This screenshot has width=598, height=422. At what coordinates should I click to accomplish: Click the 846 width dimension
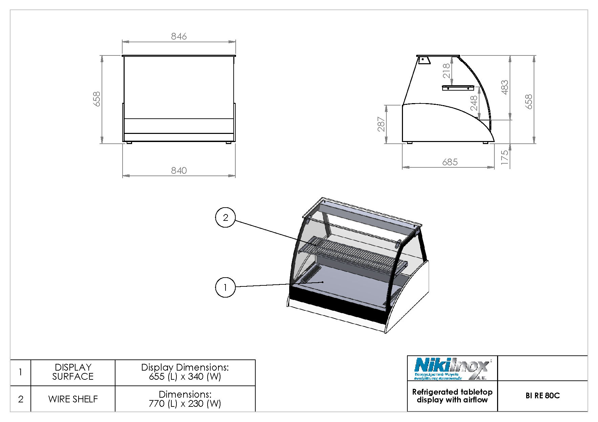pyautogui.click(x=179, y=36)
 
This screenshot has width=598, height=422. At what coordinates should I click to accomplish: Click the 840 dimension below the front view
pyautogui.click(x=179, y=170)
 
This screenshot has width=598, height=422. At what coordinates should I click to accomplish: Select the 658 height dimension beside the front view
pyautogui.click(x=97, y=99)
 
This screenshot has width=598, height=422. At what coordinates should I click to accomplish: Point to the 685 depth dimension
pyautogui.click(x=450, y=162)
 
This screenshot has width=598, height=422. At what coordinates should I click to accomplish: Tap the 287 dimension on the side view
pyautogui.click(x=381, y=124)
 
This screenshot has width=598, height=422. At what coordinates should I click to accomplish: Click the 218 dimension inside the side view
pyautogui.click(x=446, y=71)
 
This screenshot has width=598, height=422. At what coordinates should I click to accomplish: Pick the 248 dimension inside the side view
pyautogui.click(x=474, y=103)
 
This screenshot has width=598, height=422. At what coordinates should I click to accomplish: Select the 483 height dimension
pyautogui.click(x=505, y=87)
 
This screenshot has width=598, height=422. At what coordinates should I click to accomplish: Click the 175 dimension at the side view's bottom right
pyautogui.click(x=505, y=158)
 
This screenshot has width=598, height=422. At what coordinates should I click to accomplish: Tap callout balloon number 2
pyautogui.click(x=225, y=217)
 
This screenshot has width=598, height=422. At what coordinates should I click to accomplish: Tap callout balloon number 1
pyautogui.click(x=225, y=287)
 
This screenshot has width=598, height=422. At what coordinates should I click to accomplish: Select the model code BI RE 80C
pyautogui.click(x=542, y=396)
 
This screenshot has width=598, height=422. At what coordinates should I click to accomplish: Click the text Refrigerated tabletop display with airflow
pyautogui.click(x=452, y=396)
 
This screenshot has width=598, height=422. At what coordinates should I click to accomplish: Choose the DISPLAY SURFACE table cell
pyautogui.click(x=73, y=372)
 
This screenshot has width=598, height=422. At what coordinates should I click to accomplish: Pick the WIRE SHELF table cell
pyautogui.click(x=73, y=399)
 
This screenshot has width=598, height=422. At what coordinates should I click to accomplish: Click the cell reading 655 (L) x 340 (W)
pyautogui.click(x=185, y=372)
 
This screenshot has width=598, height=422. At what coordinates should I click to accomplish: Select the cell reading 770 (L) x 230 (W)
pyautogui.click(x=185, y=399)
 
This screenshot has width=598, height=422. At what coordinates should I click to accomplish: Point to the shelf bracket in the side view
pyautogui.click(x=458, y=88)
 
